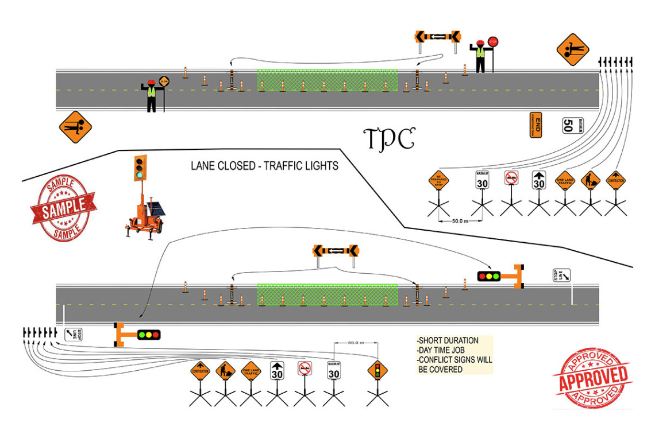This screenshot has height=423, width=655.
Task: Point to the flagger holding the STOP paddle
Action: (x=481, y=56)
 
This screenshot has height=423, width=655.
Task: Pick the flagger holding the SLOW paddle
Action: (x=152, y=94)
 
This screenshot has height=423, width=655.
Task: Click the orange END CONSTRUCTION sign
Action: (x=535, y=124)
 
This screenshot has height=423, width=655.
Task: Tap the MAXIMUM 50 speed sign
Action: (x=568, y=125)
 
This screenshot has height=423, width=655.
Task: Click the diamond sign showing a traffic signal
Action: (x=377, y=370)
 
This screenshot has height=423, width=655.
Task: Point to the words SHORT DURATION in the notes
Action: (x=449, y=341)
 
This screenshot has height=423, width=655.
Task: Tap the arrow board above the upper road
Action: (x=438, y=37)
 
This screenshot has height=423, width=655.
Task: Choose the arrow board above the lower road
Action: (x=336, y=250)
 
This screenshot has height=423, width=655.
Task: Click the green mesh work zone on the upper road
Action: (x=327, y=80)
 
